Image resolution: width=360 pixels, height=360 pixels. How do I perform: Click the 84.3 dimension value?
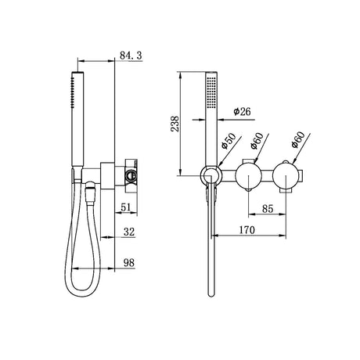pyautogui.click(x=131, y=56)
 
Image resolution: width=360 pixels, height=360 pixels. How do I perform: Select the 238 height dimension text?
pyautogui.click(x=175, y=124)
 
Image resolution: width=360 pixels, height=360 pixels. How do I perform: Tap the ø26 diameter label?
pyautogui.click(x=242, y=112)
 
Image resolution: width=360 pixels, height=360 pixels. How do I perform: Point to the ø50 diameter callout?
pyautogui.click(x=229, y=141)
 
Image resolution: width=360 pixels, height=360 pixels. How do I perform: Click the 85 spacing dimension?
pyautogui.click(x=268, y=209)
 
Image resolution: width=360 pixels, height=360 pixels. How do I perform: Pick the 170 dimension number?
pyautogui.click(x=247, y=230)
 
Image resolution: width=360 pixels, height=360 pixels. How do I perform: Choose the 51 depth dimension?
pyautogui.click(x=126, y=207)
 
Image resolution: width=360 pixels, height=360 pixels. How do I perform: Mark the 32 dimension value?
pyautogui.click(x=129, y=232)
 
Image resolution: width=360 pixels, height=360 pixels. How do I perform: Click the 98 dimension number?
pyautogui.click(x=129, y=263)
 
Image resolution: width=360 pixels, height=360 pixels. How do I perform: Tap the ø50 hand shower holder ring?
pyautogui.click(x=202, y=175)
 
